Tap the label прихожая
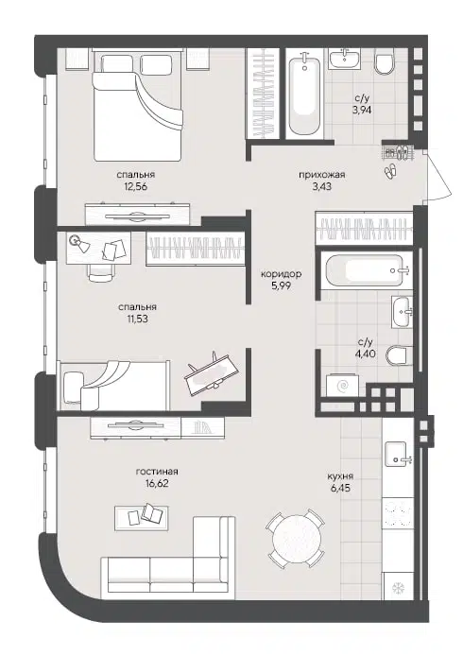321,174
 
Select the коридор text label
281,274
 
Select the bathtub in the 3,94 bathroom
303,95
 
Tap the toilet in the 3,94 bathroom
385,63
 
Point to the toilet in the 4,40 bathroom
401,355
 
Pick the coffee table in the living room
140,515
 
